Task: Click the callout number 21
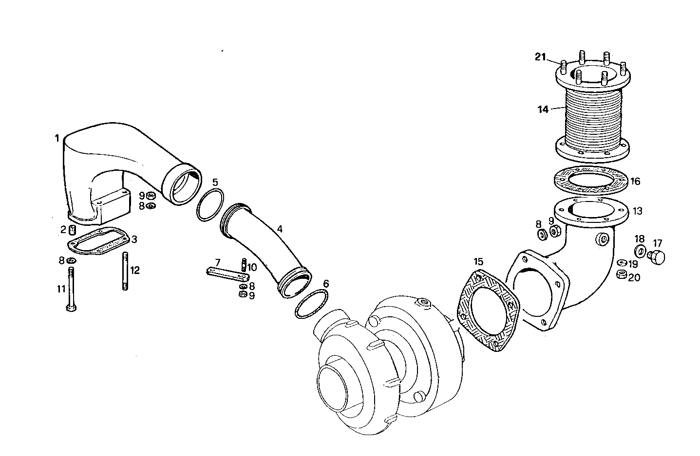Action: point(540,57)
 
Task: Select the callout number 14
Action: point(543,109)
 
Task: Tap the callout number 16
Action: point(635,182)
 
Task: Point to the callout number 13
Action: point(637,211)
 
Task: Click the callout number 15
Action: point(478,261)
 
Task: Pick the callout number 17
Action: point(658,243)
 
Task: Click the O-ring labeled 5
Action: point(210,204)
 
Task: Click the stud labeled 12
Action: point(126,271)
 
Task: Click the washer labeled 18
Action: point(640,251)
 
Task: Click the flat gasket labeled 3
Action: point(97,242)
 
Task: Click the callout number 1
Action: point(57,138)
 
